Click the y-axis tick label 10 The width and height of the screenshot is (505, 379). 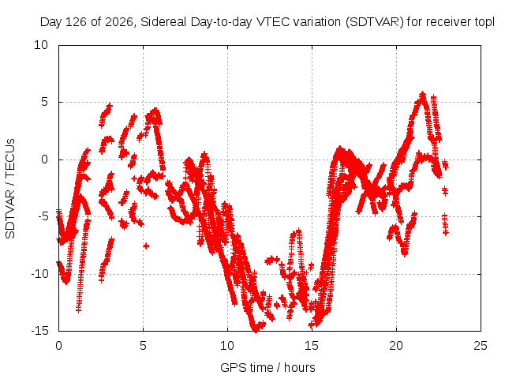point(41,45)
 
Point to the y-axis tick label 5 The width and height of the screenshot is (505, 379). point(44,102)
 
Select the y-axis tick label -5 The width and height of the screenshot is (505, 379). point(43,216)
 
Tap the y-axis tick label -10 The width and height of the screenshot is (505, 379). point(39,274)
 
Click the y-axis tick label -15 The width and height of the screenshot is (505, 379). point(39,331)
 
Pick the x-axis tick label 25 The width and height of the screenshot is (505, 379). point(481,346)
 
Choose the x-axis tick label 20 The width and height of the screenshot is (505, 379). point(396,346)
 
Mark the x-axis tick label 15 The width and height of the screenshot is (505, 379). point(312,346)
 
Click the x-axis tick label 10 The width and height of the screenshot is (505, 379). point(227,346)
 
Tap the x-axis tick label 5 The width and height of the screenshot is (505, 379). point(143,346)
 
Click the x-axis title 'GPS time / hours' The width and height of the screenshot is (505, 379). point(267,367)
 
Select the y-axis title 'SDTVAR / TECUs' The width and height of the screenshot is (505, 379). point(10,189)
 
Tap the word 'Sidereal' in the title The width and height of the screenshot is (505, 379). point(163,22)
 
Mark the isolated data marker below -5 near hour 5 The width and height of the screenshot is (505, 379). point(146,246)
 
